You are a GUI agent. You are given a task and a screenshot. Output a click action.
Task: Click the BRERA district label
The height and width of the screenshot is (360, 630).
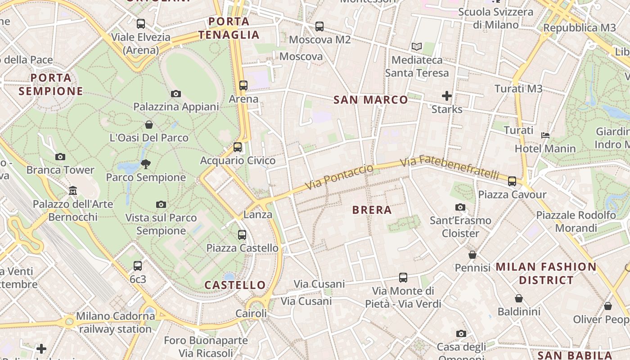point(372,210)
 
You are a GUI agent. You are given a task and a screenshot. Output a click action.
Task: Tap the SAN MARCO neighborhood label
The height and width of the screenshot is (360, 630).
point(370,100)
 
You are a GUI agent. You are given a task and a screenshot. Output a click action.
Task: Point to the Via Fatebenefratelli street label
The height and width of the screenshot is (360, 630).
point(450,167)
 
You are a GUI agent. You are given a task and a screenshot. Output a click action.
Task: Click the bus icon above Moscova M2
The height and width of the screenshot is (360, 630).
point(319,27)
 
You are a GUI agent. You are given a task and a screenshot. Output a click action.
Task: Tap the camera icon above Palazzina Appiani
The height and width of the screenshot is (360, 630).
point(176,94)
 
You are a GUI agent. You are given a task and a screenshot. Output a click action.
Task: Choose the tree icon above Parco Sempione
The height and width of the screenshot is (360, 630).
point(146,164)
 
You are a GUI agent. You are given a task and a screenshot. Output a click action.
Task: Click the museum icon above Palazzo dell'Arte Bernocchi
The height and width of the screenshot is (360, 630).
point(73,191)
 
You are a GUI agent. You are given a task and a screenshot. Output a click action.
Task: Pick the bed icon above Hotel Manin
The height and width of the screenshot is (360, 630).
point(545,135)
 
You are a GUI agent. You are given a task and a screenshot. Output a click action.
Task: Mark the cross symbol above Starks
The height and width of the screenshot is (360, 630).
point(446,96)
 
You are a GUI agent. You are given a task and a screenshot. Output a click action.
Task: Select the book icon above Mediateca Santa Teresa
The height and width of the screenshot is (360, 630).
point(417,46)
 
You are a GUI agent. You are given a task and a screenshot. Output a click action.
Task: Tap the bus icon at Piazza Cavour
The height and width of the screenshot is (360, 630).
point(512,181)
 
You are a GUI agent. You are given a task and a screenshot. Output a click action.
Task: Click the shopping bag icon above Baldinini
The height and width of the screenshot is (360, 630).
point(519,298)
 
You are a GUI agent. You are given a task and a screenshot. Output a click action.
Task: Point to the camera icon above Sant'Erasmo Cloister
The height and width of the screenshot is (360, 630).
point(460,207)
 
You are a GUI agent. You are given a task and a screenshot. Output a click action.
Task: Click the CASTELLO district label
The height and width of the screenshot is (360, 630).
point(235,285)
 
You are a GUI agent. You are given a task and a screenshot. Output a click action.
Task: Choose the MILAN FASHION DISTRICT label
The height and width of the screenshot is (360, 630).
point(546,273)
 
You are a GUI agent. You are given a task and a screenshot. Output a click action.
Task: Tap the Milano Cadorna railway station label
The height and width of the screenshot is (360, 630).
point(115,322)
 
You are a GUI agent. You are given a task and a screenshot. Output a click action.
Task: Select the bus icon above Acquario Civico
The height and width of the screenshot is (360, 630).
point(238,147)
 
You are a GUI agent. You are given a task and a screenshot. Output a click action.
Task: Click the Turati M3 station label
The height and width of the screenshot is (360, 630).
point(518,89)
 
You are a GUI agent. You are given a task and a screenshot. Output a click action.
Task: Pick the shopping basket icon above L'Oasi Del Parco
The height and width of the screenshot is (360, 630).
point(149,124)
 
